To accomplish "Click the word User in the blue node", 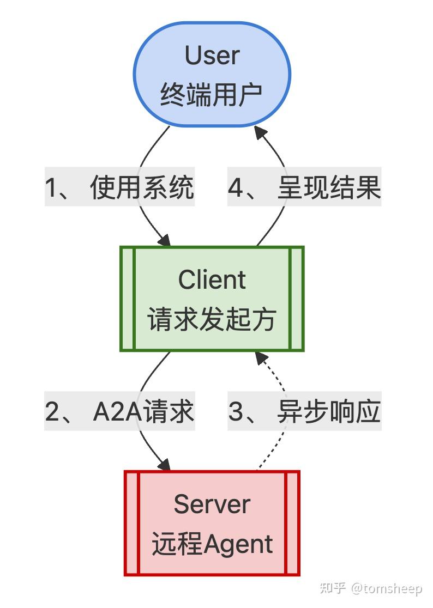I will click(212, 56).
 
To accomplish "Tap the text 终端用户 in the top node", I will click(212, 94).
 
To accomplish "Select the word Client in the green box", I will click(212, 280).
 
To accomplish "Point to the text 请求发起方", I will click(212, 319).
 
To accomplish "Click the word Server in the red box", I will click(212, 504).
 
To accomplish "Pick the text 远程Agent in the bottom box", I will click(212, 544).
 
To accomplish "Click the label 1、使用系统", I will click(119, 189).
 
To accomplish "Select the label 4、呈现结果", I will click(304, 189).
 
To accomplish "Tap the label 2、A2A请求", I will click(119, 412).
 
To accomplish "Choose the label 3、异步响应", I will click(304, 412).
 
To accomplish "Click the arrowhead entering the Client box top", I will click(165, 240).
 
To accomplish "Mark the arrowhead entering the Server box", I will click(165, 465).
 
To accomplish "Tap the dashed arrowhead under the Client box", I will click(261, 358).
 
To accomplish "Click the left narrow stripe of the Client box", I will click(127, 299).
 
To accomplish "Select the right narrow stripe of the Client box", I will click(297, 299).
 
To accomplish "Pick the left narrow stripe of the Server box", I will click(131, 523).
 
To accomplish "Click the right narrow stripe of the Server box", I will click(292, 523).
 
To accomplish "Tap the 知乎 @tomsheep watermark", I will click(371, 588).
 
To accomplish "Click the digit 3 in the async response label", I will click(236, 412).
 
